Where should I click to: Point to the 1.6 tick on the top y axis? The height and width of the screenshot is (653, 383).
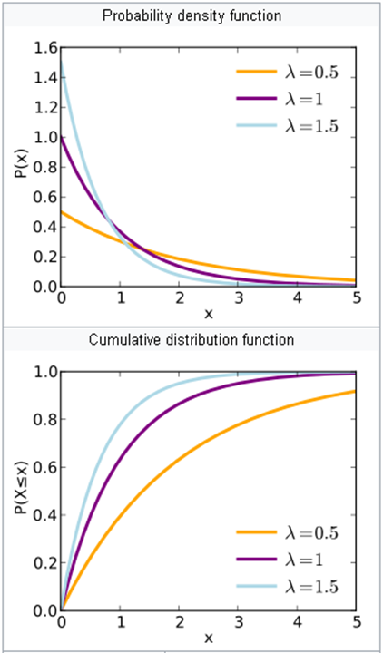click(44, 47)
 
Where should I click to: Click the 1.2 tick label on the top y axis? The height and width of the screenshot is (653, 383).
click(44, 107)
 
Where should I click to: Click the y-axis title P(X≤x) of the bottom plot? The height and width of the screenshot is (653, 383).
click(20, 490)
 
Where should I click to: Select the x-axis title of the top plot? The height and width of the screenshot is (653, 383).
click(208, 314)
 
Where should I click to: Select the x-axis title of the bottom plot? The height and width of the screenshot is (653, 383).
click(208, 638)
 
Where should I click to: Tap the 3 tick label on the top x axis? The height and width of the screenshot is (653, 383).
click(239, 297)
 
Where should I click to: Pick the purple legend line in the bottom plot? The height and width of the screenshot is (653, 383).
click(253, 560)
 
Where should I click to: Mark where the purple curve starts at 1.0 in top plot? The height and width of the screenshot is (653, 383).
click(62, 138)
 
